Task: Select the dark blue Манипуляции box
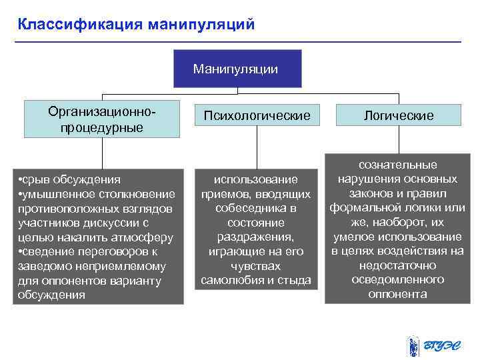[x=237, y=69]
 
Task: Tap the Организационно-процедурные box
[x=102, y=118]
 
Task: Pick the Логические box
[x=399, y=116]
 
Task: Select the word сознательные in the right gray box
[x=398, y=164]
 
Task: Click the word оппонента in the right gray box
[x=398, y=294]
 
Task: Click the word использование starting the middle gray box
[x=256, y=179]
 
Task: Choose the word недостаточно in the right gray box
[x=398, y=265]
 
